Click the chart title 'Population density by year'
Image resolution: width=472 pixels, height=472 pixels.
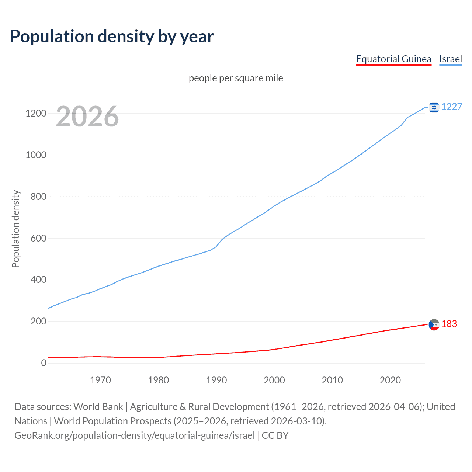tap(112, 37)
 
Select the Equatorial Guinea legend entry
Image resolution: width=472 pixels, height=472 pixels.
tap(393, 59)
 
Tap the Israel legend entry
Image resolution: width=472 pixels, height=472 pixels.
tap(451, 59)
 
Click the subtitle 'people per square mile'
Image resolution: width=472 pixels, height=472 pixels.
tap(236, 78)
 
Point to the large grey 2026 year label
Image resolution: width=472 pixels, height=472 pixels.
tap(87, 117)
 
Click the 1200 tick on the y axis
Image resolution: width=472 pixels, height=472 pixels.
tap(36, 113)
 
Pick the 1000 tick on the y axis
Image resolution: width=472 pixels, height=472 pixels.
tap(36, 155)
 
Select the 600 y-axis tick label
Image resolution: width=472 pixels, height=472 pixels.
tap(38, 238)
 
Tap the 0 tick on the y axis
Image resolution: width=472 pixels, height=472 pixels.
tap(44, 363)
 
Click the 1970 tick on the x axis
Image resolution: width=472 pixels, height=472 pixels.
tap(100, 380)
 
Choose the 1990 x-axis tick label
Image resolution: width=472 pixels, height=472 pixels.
tap(216, 380)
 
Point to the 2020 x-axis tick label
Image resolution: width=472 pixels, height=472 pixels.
tap(390, 380)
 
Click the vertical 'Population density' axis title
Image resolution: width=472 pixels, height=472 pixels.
tap(15, 229)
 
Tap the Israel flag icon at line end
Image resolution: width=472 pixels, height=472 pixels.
tap(434, 107)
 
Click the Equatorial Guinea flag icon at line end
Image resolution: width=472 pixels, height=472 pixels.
tap(434, 324)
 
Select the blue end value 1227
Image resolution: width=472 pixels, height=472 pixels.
tap(452, 107)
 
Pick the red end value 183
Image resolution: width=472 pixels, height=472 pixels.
tap(449, 324)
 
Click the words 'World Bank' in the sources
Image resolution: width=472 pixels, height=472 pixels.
tap(98, 407)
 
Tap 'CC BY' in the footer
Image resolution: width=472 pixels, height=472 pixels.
tap(275, 435)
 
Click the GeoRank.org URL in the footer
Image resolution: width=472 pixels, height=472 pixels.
tap(135, 435)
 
